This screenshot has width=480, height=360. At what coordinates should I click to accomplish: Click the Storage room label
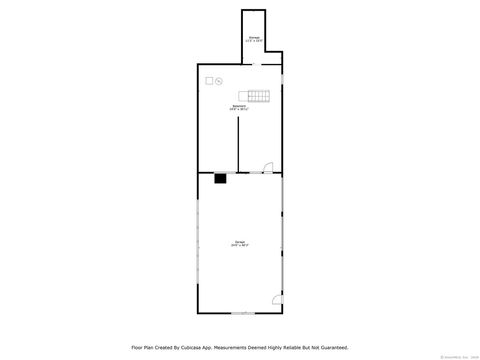click(x=253, y=37)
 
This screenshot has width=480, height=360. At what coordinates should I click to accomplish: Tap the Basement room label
click(x=239, y=105)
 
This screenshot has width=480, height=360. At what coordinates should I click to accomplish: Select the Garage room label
click(x=240, y=241)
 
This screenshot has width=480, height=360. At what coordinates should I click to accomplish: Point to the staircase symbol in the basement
click(x=260, y=95)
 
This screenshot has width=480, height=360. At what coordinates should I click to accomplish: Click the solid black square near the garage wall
click(x=219, y=179)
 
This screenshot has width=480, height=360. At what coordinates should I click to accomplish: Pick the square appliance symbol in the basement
click(x=210, y=80)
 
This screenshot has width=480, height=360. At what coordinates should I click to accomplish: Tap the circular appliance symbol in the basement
click(x=219, y=80)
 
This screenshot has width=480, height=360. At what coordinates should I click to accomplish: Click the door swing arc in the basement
click(x=266, y=167)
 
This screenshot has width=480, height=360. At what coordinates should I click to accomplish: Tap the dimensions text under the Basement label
click(x=239, y=109)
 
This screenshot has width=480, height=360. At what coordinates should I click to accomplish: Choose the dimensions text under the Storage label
click(x=253, y=41)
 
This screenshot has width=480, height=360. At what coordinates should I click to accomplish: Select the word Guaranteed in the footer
click(x=331, y=347)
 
